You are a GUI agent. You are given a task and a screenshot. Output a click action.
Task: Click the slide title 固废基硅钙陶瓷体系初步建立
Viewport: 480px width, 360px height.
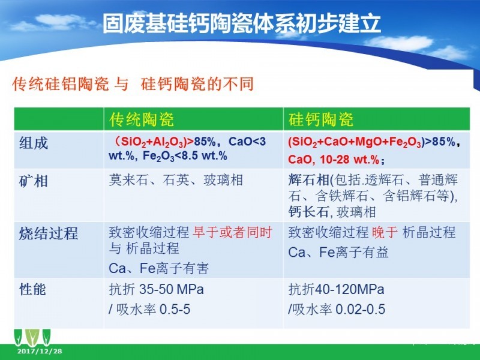click(242, 23)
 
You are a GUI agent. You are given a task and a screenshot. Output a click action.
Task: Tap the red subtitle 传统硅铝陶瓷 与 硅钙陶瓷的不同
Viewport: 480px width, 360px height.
click(133, 84)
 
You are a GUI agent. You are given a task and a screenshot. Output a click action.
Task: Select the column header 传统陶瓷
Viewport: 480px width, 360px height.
click(142, 119)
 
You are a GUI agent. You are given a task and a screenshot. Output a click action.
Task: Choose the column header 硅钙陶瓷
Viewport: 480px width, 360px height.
click(321, 119)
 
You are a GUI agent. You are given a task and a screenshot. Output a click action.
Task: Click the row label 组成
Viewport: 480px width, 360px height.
click(34, 143)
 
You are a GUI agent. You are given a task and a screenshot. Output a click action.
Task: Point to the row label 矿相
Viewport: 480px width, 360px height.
click(34, 181)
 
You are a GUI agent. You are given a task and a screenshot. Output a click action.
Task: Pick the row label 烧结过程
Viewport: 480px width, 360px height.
click(49, 233)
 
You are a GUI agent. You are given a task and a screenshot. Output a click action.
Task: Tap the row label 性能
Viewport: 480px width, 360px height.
click(33, 289)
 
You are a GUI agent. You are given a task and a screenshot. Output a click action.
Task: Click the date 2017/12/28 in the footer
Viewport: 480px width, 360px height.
click(40, 351)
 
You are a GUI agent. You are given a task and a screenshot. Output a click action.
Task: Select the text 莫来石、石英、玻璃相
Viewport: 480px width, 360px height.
click(176, 180)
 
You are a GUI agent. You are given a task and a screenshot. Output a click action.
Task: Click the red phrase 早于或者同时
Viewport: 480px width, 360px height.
click(233, 233)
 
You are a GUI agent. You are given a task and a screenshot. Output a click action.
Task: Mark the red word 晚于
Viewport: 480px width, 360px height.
click(385, 233)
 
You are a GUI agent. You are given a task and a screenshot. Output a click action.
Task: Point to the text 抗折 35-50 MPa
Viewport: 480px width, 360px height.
click(157, 289)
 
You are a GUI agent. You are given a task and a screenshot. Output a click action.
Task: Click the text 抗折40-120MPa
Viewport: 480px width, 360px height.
click(336, 289)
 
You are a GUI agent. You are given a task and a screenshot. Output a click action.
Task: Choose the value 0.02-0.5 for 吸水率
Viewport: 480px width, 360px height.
click(361, 309)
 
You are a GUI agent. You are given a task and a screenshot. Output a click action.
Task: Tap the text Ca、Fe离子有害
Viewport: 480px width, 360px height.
click(159, 268)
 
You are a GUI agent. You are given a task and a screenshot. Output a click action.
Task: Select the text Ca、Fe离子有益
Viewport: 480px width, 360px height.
click(338, 253)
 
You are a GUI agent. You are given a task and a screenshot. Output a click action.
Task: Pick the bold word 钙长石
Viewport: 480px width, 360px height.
click(308, 212)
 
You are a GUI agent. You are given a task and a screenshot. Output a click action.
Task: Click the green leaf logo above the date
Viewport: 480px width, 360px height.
click(32, 337)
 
